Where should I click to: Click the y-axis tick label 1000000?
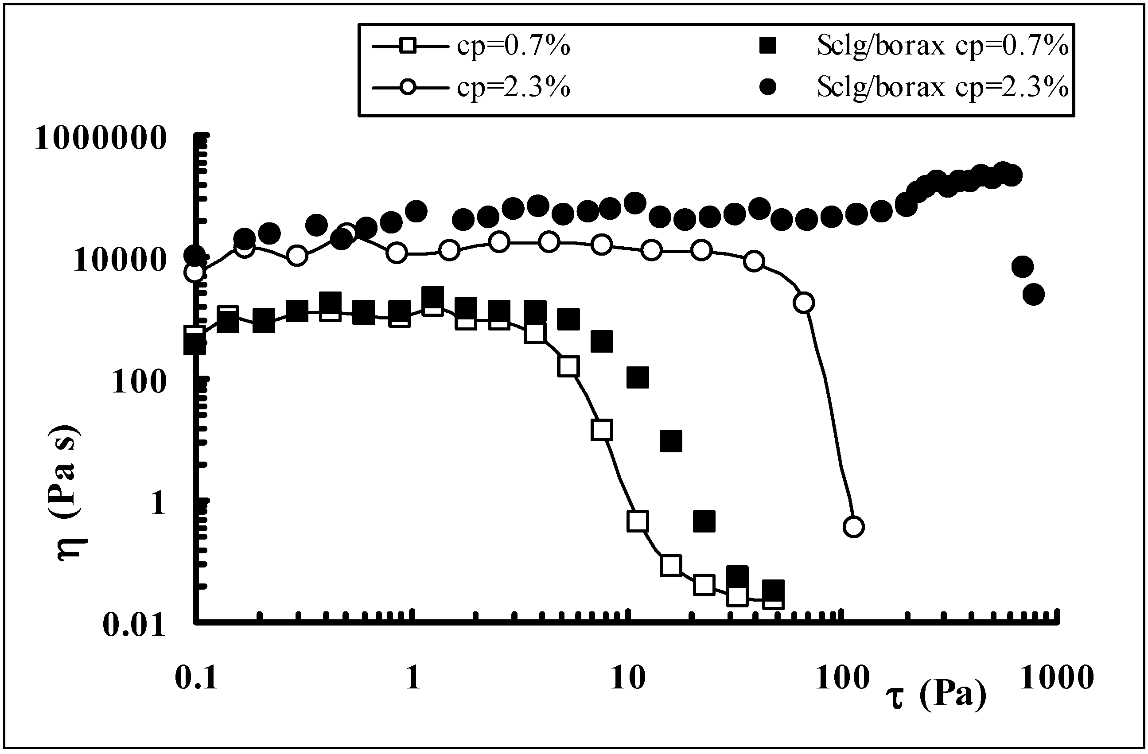100,139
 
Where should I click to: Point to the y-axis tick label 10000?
120,261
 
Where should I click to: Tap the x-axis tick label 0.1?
196,678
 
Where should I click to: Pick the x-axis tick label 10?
627,678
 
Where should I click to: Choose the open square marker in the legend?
408,47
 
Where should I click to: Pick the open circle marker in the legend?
408,88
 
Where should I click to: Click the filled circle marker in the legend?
768,87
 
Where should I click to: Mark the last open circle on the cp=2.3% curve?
853,527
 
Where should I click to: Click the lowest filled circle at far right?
1033,294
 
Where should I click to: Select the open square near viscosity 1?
638,521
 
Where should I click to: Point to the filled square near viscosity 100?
638,377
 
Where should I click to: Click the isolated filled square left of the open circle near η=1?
704,521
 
